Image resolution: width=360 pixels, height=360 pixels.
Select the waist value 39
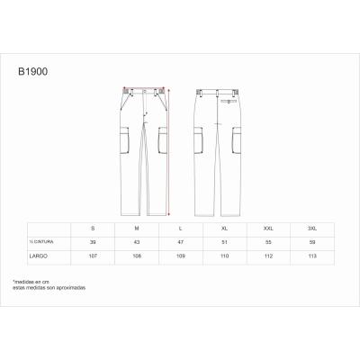click(94, 242)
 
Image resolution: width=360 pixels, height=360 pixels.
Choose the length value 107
click(94, 255)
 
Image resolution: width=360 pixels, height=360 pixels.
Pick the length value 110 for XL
click(222, 255)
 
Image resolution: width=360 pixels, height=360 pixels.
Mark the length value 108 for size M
click(137, 255)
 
